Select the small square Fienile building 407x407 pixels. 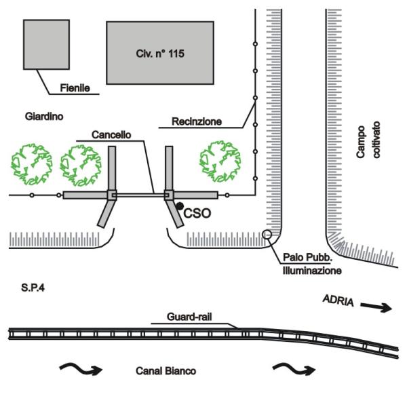point(47,44)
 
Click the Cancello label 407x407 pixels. point(94,136)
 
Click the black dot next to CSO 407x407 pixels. point(179,206)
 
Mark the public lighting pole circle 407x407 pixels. point(267,235)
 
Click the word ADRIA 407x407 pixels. point(337,300)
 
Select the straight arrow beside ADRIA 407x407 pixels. point(376,307)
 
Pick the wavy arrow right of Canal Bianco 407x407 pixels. point(294,369)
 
